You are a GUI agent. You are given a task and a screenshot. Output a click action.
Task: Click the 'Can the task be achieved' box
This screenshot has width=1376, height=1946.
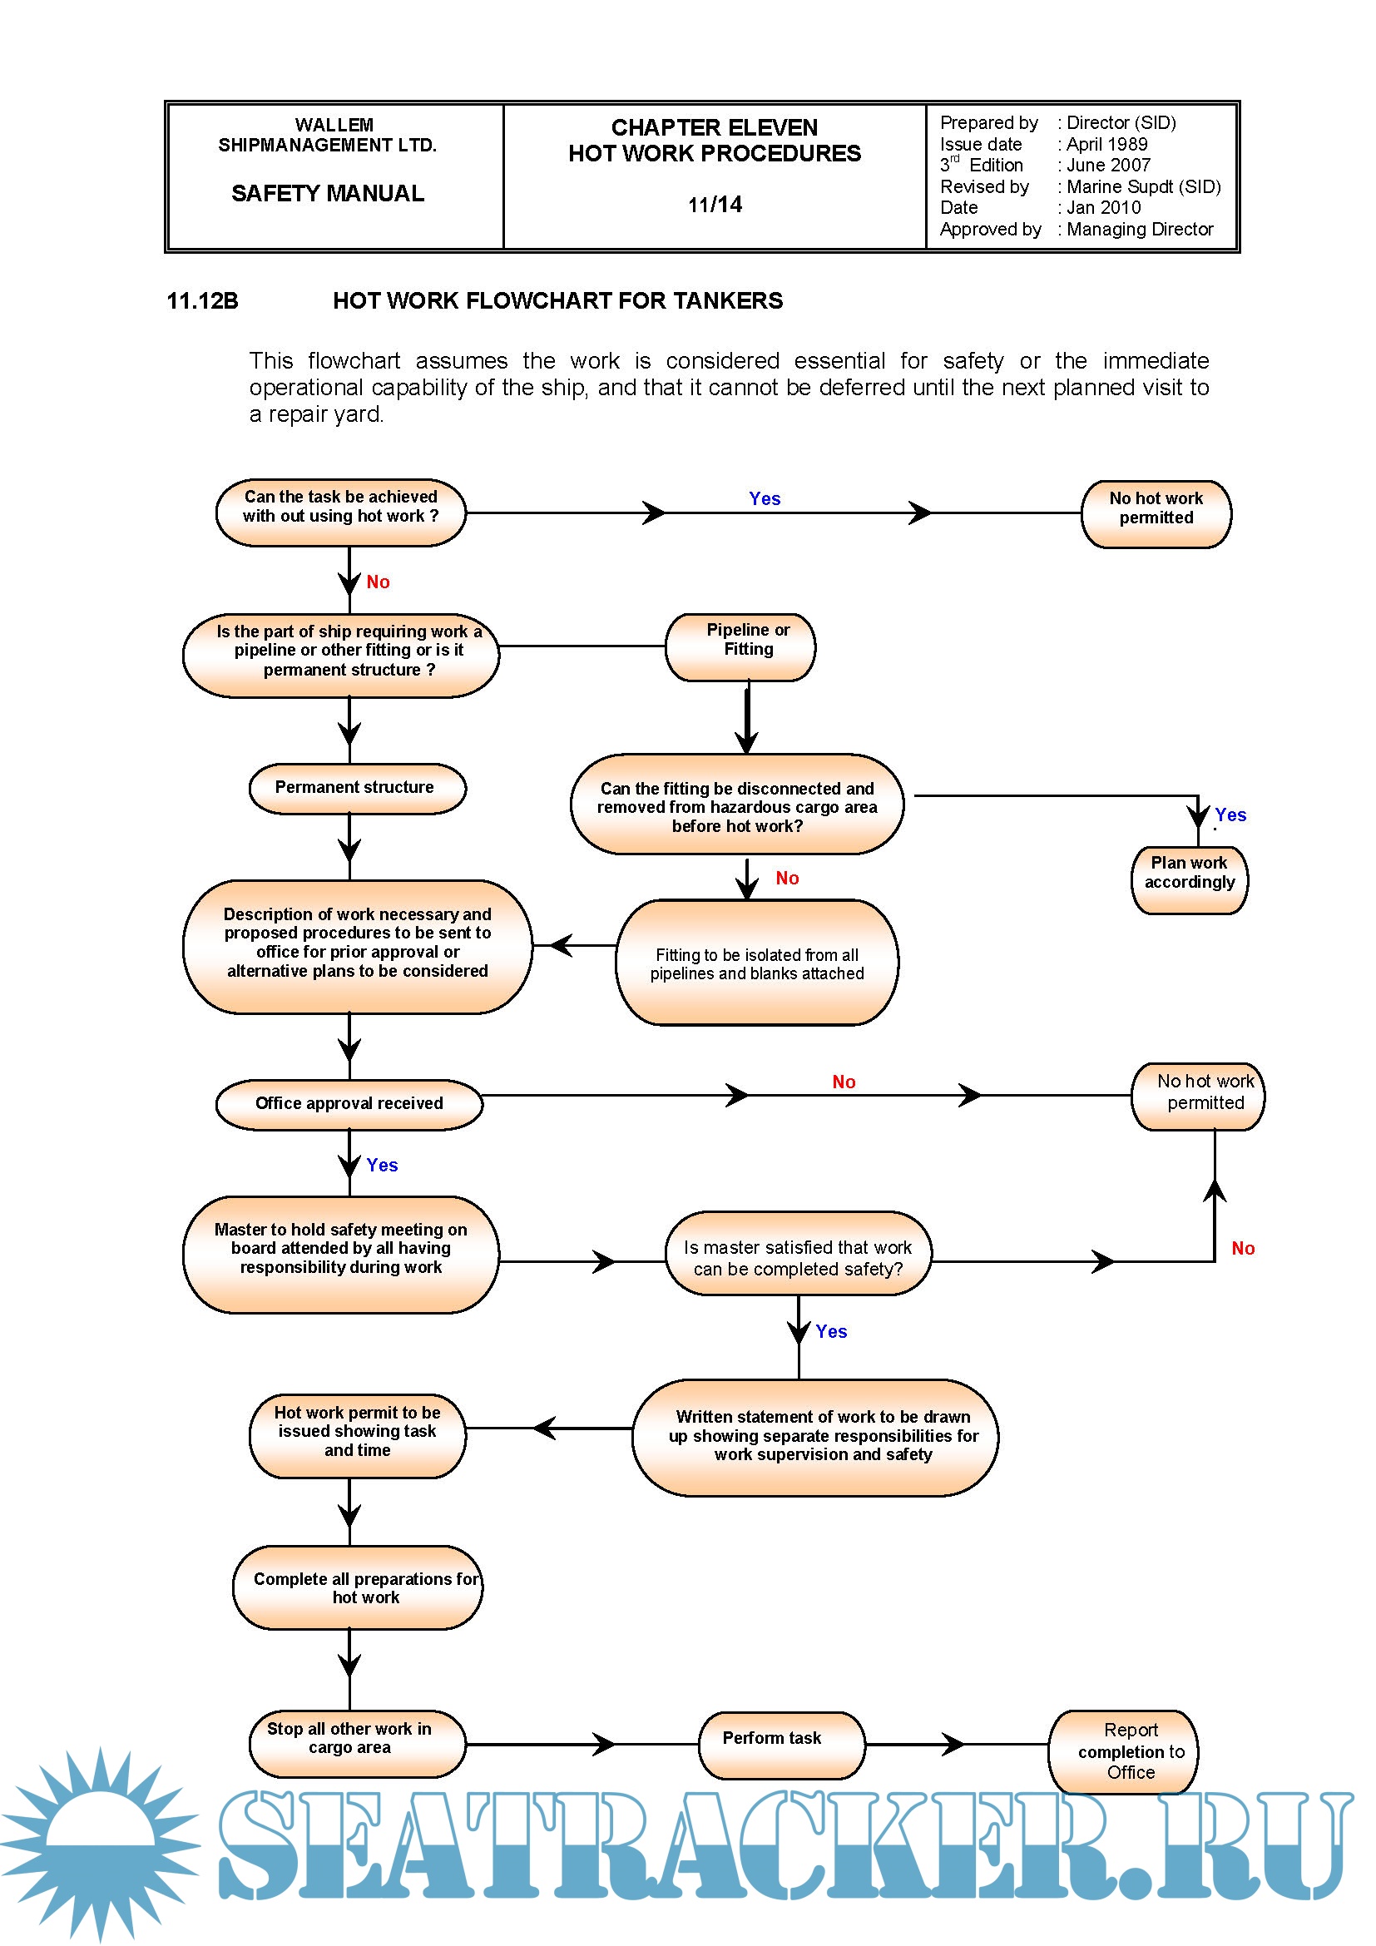pyautogui.click(x=340, y=512)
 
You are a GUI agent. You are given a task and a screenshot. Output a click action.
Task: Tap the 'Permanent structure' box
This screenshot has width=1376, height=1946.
pyautogui.click(x=357, y=788)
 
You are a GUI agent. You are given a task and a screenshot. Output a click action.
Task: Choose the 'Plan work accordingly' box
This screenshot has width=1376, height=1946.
pyautogui.click(x=1189, y=880)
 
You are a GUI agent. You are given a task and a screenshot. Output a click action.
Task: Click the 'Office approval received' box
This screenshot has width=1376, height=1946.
pyautogui.click(x=349, y=1103)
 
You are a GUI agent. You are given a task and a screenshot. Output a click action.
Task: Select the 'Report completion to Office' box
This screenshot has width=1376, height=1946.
pyautogui.click(x=1122, y=1750)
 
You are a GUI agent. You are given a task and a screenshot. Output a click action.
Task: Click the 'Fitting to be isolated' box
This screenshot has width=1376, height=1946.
pyautogui.click(x=756, y=962)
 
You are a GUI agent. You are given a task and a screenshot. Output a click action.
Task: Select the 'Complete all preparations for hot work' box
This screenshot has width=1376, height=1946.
pyautogui.click(x=357, y=1587)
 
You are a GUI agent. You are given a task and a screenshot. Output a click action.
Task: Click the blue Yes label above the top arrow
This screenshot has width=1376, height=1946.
pyautogui.click(x=765, y=498)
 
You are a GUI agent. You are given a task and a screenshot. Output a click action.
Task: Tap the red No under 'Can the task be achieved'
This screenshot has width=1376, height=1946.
pyautogui.click(x=378, y=582)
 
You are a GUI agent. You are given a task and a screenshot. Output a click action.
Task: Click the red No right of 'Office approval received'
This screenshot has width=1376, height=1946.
pyautogui.click(x=843, y=1082)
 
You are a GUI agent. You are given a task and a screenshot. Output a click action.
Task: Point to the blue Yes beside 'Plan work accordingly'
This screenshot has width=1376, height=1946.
pyautogui.click(x=1230, y=815)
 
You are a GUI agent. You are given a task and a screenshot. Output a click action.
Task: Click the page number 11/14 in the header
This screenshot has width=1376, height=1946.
pyautogui.click(x=715, y=205)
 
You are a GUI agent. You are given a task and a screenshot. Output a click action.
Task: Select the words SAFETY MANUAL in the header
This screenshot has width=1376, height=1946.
pyautogui.click(x=328, y=193)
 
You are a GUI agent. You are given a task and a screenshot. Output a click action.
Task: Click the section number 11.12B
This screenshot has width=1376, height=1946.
pyautogui.click(x=202, y=301)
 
